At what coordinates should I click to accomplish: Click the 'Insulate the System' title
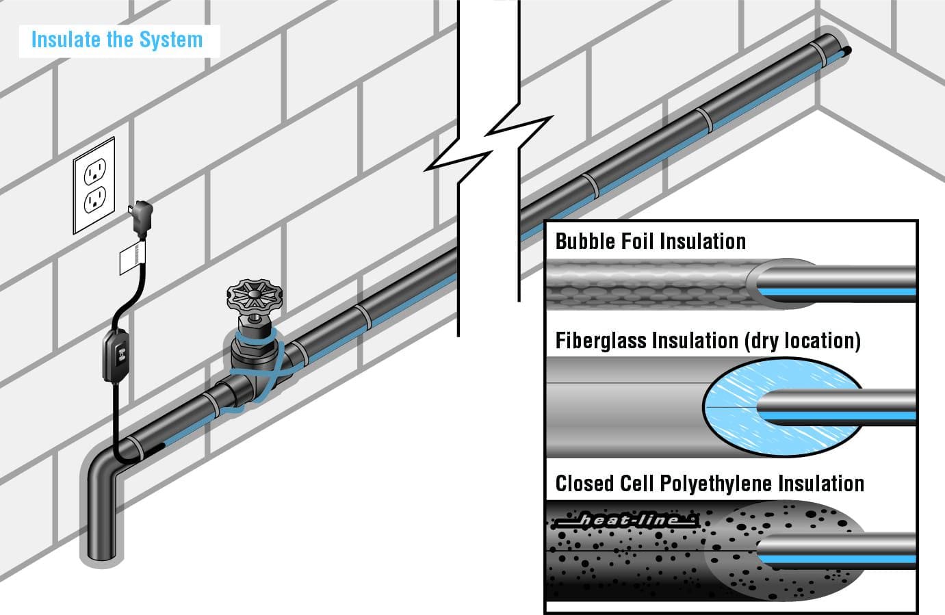[117, 40]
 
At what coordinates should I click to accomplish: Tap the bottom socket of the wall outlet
[95, 200]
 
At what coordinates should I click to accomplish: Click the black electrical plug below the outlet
[142, 218]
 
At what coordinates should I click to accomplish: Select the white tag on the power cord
[133, 257]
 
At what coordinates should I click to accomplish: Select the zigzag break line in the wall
[488, 144]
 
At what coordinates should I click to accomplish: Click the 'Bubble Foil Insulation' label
[651, 241]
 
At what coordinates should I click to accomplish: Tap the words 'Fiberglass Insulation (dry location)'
[708, 341]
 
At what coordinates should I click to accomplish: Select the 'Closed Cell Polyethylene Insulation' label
[710, 484]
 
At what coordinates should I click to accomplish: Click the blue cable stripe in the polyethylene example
[838, 560]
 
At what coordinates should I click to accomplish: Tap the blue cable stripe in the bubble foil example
[837, 291]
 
